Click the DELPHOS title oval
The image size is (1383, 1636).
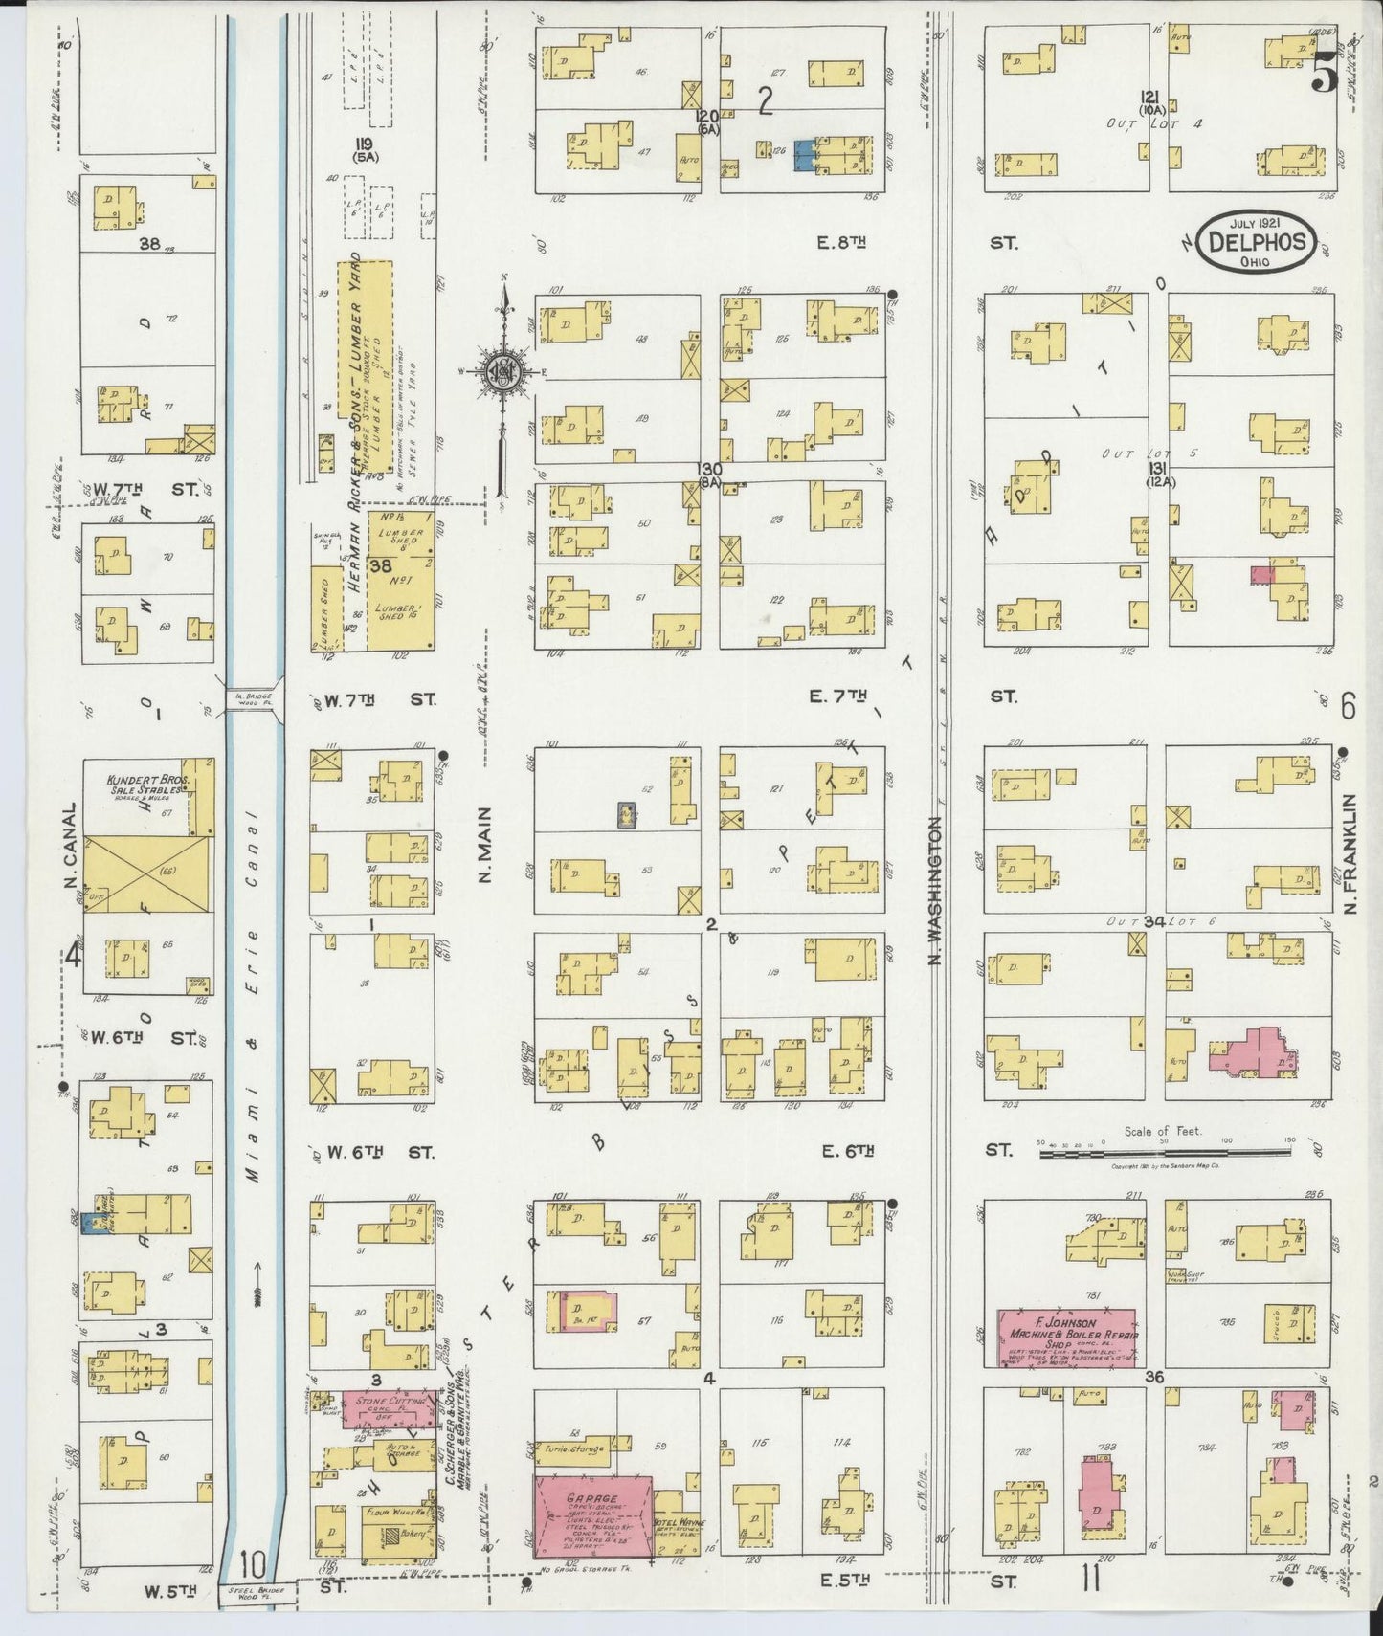1258,243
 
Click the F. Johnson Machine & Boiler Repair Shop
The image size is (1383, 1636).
1067,1338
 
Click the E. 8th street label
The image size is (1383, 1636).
840,244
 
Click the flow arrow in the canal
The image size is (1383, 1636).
256,1296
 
